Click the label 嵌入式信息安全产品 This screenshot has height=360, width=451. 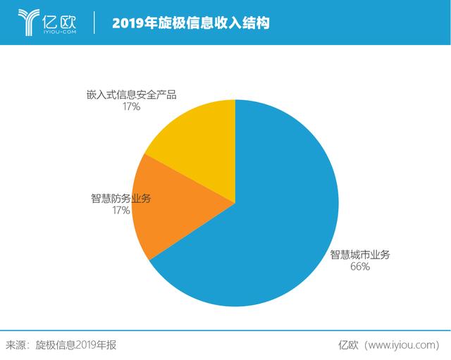(132, 94)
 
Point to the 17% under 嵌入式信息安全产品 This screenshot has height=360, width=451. (132, 106)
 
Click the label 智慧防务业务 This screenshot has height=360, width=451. (121, 198)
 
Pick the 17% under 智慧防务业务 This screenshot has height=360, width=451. (121, 210)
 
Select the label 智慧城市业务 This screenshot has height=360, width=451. (360, 254)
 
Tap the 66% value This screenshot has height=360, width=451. (360, 266)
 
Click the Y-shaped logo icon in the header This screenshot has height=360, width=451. (28, 23)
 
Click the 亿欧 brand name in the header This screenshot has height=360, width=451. (59, 20)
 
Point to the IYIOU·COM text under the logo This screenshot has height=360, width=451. (60, 32)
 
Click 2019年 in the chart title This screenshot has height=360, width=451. (135, 23)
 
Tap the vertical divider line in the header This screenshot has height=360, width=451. (94, 23)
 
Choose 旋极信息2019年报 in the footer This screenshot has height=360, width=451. (76, 345)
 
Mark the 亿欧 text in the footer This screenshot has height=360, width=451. (348, 345)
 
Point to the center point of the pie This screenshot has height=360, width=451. (235, 203)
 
